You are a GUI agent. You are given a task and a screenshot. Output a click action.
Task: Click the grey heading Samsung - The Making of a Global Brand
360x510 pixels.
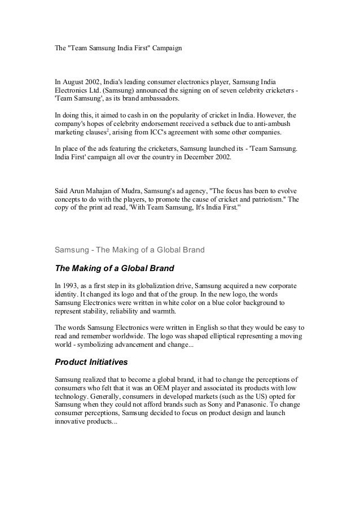pyautogui.click(x=129, y=249)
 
